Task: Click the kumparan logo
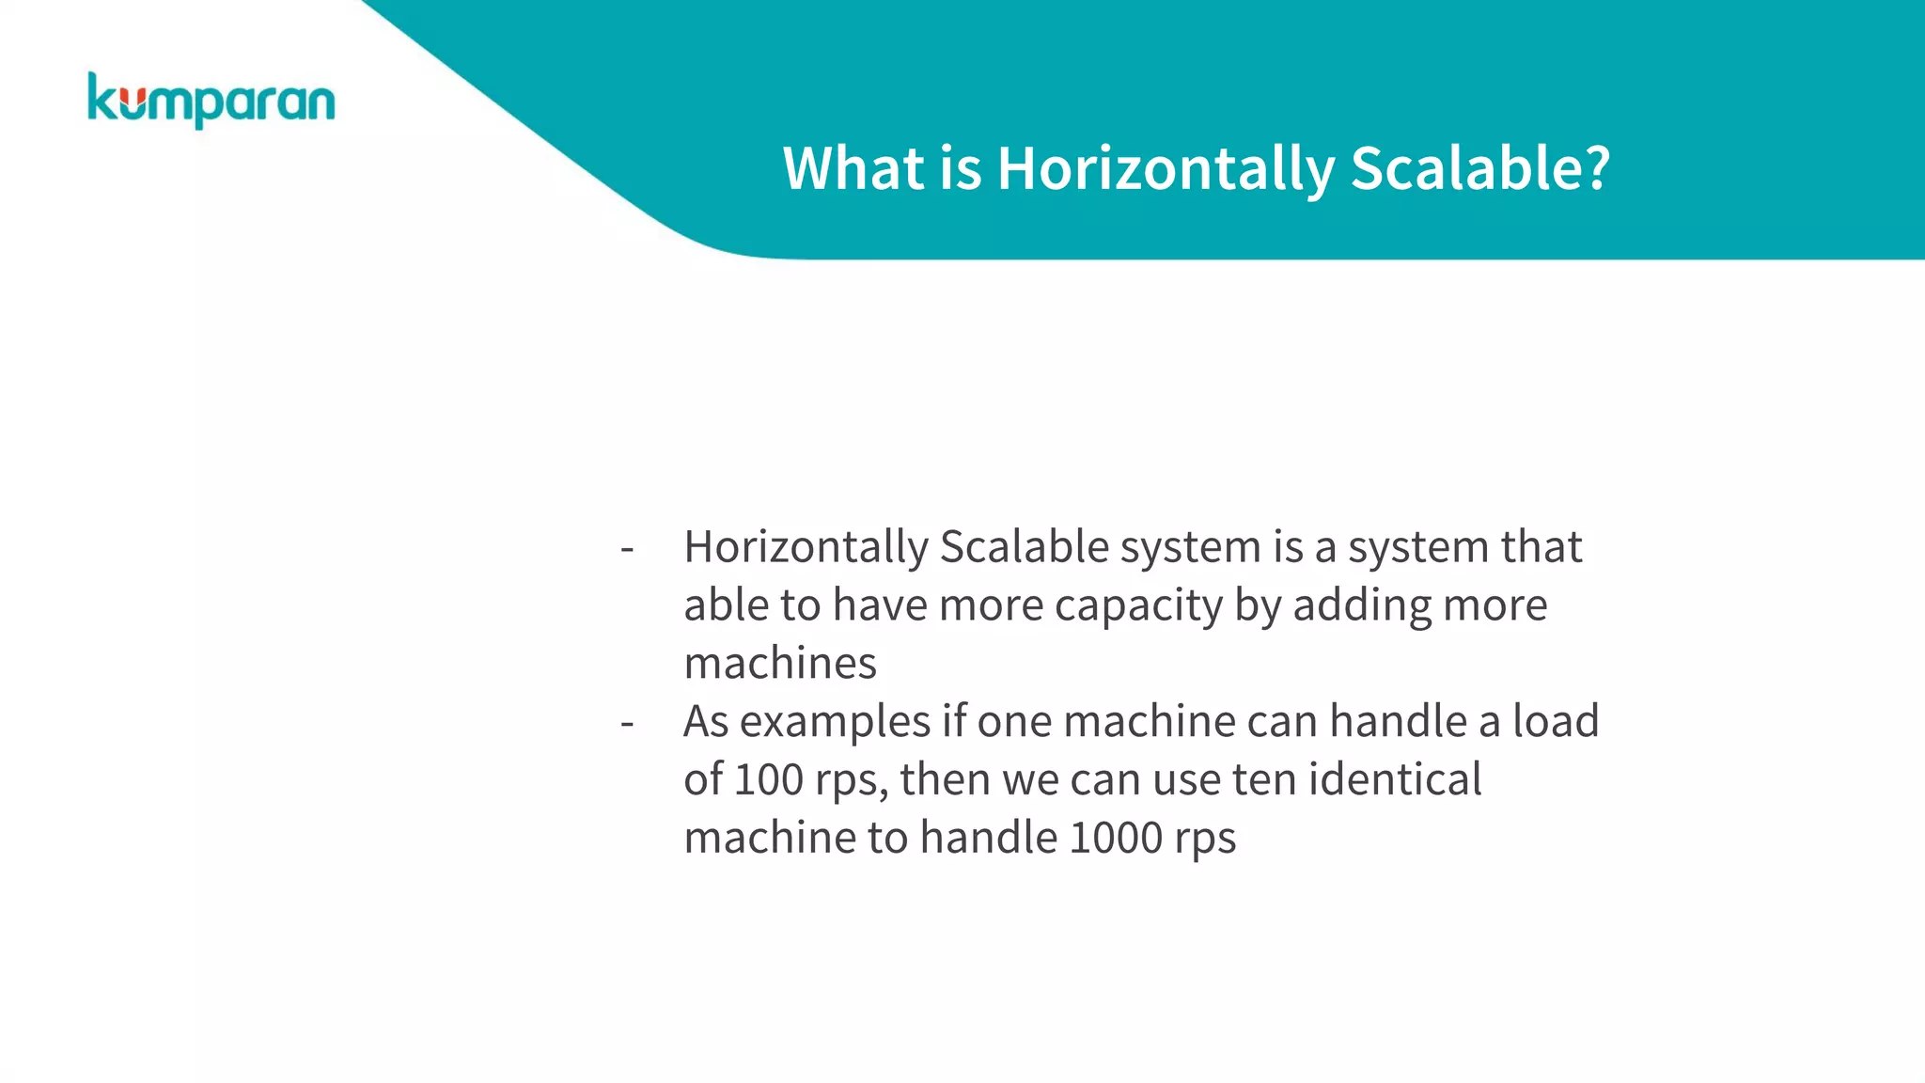(211, 100)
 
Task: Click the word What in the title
(853, 169)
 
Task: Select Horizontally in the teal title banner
(1166, 169)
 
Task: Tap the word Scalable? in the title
(1480, 169)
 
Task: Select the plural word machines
(780, 664)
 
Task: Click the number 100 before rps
(768, 780)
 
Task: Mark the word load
(1555, 722)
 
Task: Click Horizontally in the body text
(806, 547)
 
